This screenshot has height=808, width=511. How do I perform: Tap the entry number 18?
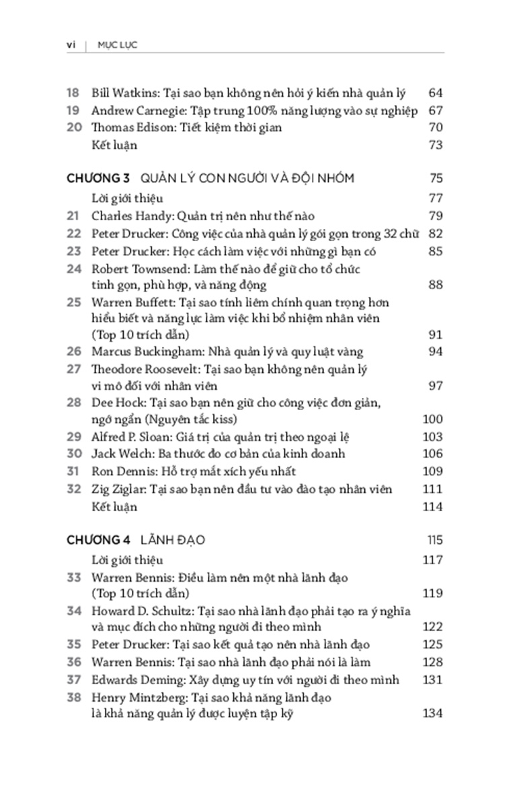tap(74, 93)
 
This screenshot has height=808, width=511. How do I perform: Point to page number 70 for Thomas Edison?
tap(435, 127)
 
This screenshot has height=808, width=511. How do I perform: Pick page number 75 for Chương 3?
tap(435, 178)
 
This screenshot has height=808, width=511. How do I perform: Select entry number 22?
tap(74, 234)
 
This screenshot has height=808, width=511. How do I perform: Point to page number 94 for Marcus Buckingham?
tap(435, 351)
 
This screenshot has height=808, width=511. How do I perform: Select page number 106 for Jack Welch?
tap(433, 454)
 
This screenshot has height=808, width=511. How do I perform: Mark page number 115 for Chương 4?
tap(433, 540)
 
